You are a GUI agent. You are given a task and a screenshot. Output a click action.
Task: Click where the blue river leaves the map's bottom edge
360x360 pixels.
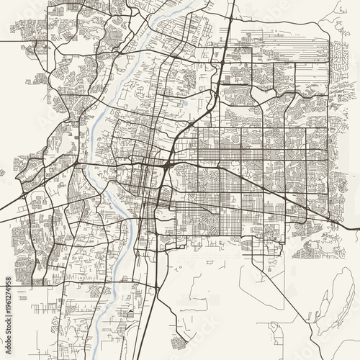point(109,358)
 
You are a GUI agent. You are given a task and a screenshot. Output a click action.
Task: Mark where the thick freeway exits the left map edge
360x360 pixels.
point(2,219)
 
